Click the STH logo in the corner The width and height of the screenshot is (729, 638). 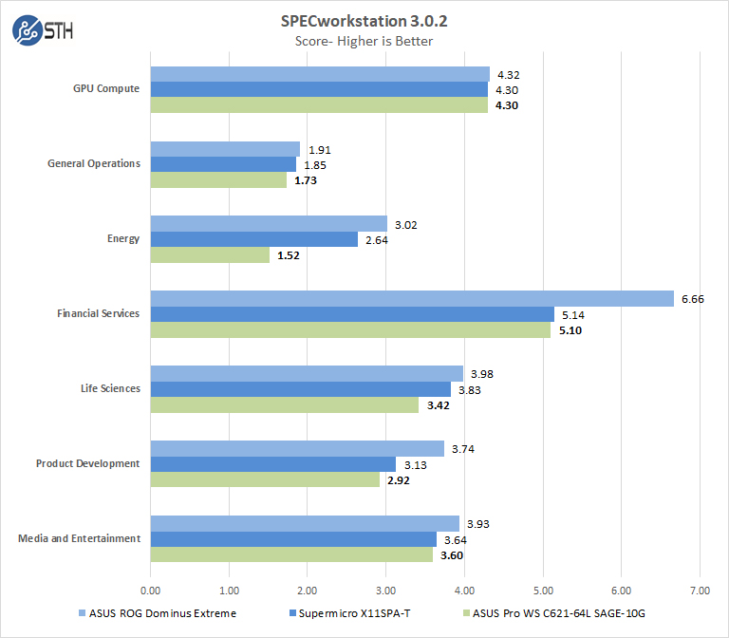coord(42,30)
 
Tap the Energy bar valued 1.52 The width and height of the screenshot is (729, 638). coord(210,254)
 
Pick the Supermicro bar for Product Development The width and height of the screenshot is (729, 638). coord(273,463)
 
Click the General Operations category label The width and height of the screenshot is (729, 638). coord(94,163)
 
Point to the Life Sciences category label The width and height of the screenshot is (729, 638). coord(110,388)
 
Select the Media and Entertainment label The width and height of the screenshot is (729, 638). coord(79,538)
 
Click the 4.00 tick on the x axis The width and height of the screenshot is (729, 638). coord(463,589)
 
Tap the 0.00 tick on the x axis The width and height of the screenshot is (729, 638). coord(150,589)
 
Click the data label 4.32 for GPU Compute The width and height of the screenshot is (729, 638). coord(508,75)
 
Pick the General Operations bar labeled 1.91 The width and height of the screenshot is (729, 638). coord(225,149)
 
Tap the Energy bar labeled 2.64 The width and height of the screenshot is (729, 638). coord(253,239)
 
